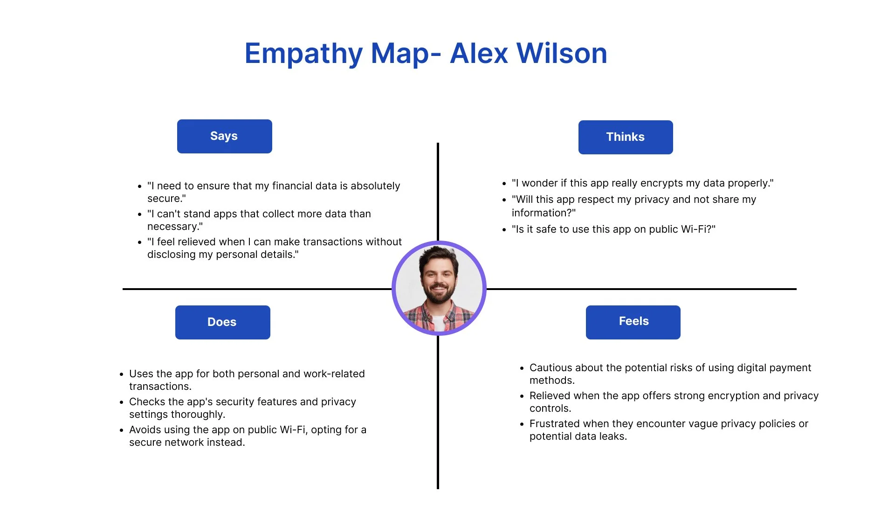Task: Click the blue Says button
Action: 224,136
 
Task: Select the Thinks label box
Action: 625,137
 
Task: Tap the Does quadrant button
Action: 222,322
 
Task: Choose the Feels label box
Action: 633,322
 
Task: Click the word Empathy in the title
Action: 303,54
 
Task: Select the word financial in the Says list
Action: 292,186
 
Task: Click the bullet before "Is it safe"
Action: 504,230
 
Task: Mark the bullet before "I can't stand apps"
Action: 139,214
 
